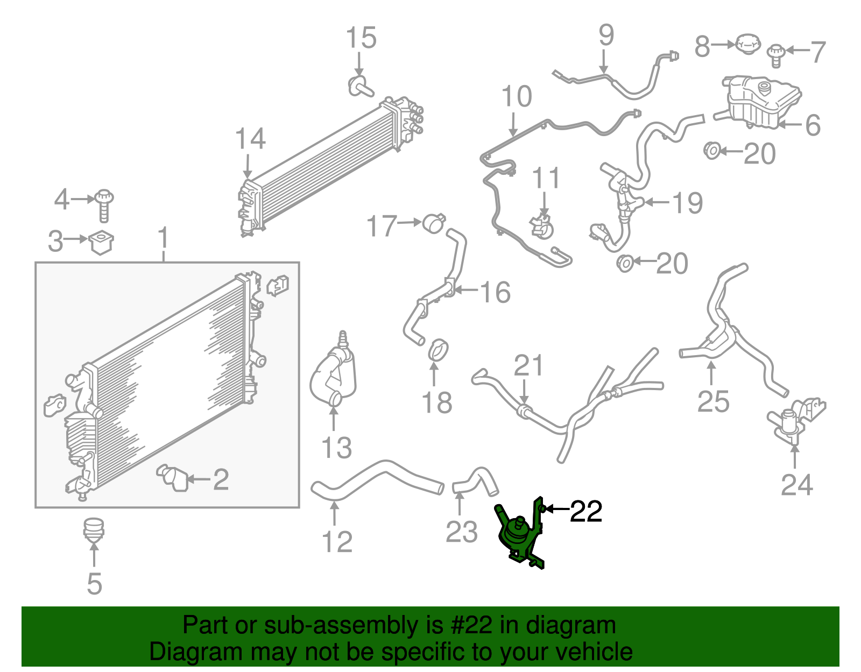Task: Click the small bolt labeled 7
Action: click(775, 54)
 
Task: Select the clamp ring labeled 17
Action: click(434, 223)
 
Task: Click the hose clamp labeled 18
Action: click(439, 350)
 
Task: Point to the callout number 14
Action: click(250, 139)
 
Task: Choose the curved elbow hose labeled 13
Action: click(334, 377)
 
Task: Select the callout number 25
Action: click(713, 401)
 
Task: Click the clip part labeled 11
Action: click(542, 227)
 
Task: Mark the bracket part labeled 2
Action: click(173, 477)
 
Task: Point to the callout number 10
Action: click(516, 97)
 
